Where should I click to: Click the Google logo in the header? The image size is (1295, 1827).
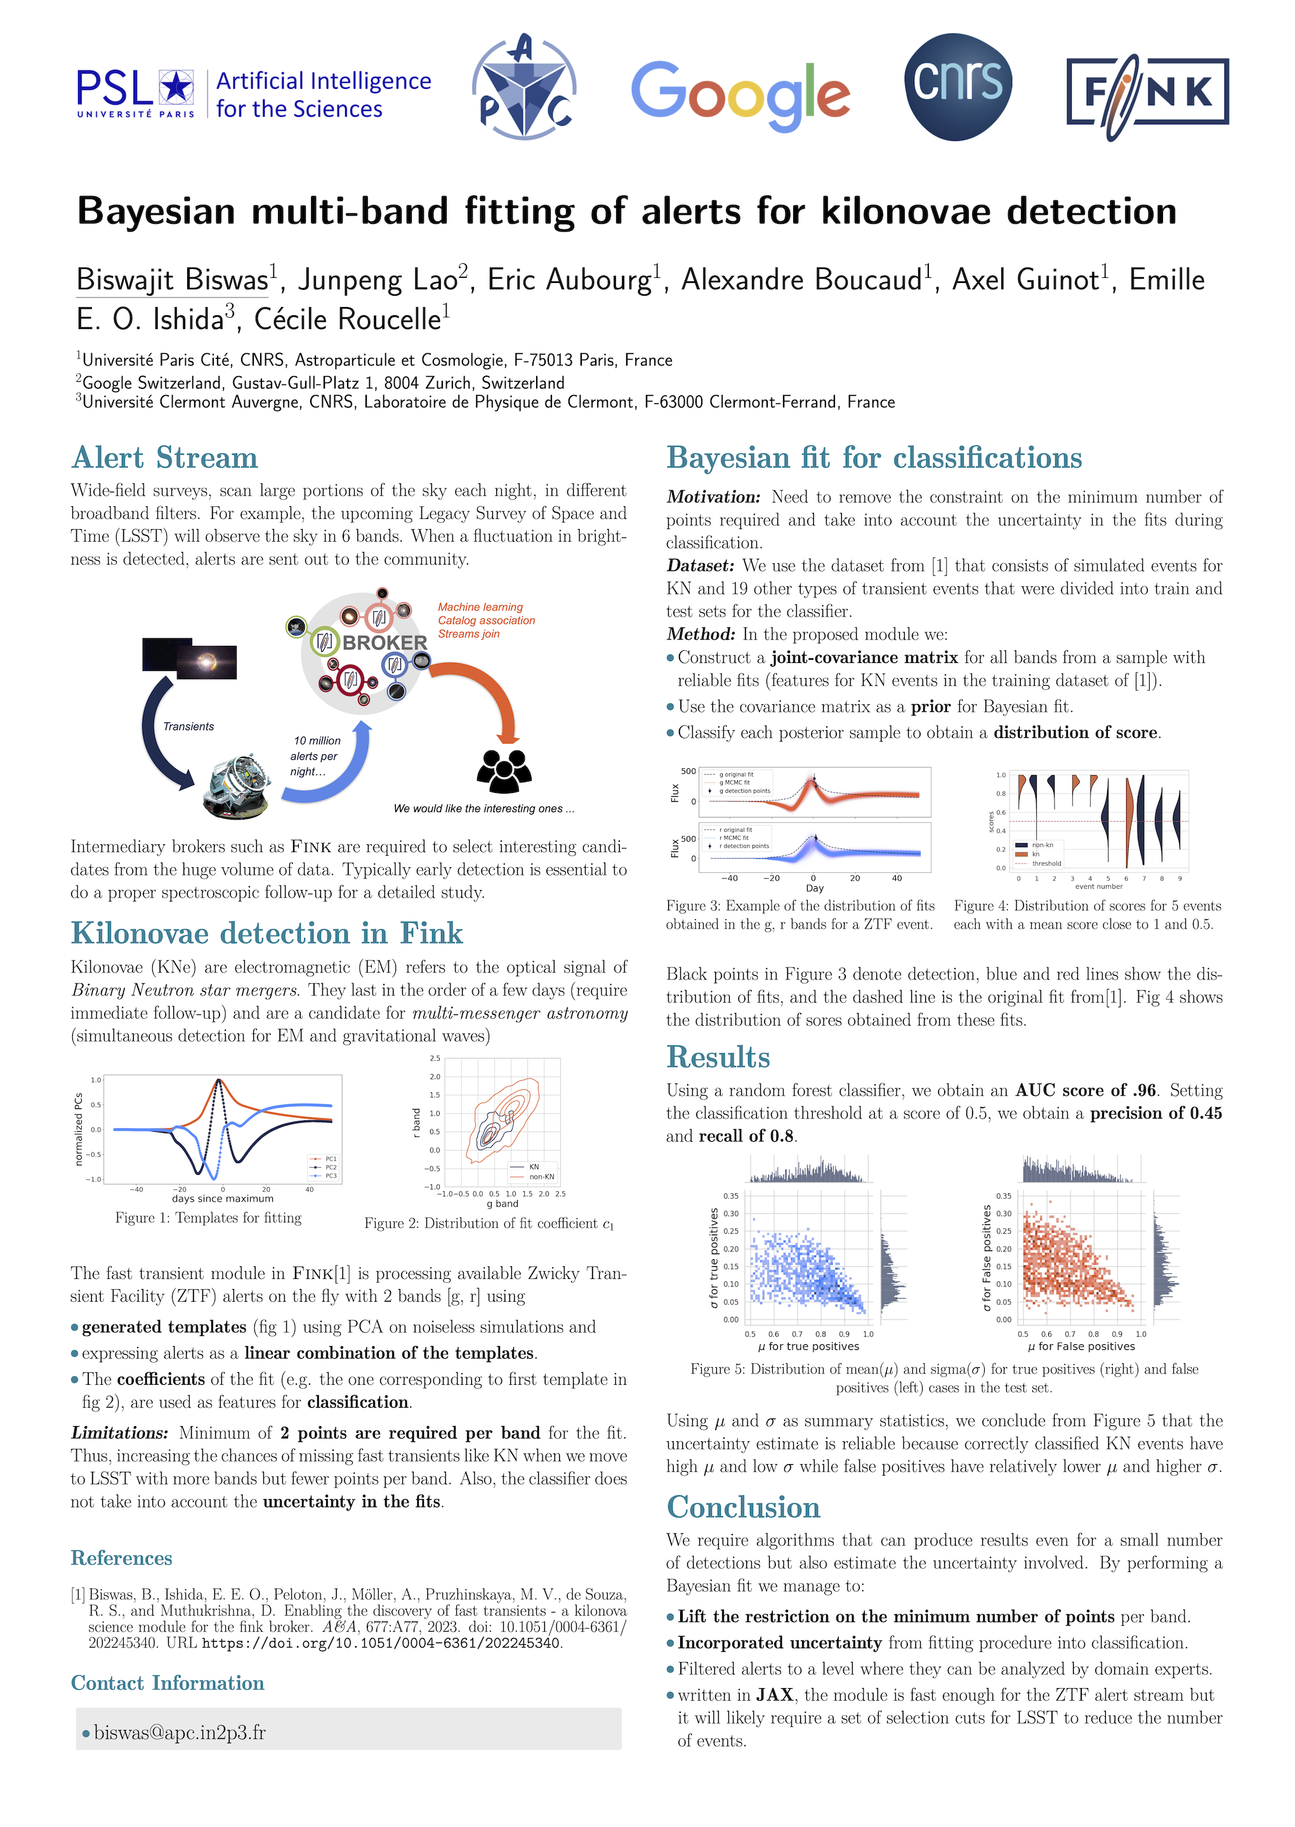(x=740, y=95)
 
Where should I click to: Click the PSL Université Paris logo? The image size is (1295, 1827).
(x=136, y=93)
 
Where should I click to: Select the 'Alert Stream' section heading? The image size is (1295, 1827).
(x=164, y=459)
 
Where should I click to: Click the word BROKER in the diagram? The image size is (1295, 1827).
(x=385, y=643)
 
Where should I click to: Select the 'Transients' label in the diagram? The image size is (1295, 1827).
(x=188, y=726)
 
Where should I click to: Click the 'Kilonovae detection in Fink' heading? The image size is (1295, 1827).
(x=266, y=933)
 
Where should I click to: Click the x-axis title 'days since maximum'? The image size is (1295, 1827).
(x=223, y=1198)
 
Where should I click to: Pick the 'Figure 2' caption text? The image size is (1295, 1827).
(x=489, y=1224)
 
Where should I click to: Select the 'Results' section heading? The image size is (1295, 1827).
(x=718, y=1057)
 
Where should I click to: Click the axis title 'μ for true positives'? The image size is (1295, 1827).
(x=808, y=1346)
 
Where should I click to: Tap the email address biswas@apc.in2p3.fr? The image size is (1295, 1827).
(x=180, y=1733)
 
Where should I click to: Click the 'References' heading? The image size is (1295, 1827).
(x=121, y=1559)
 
